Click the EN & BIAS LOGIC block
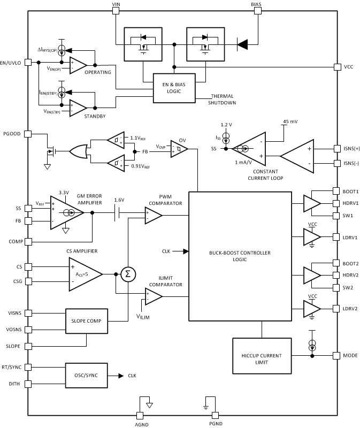pyautogui.click(x=174, y=88)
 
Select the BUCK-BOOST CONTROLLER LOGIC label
pyautogui.click(x=240, y=256)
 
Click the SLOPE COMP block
pyautogui.click(x=86, y=322)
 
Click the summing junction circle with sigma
pyautogui.click(x=128, y=274)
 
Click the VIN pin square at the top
pyautogui.click(x=116, y=10)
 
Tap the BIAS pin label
pyautogui.click(x=256, y=3)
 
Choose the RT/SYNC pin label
pyautogui.click(x=11, y=367)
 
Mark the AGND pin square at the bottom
pyautogui.click(x=140, y=415)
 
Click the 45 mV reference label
pyautogui.click(x=289, y=121)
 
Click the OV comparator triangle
pyautogui.click(x=177, y=150)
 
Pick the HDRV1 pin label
pyautogui.click(x=350, y=203)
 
